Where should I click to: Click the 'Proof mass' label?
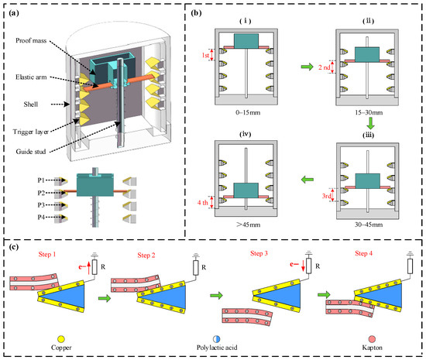click(x=31, y=41)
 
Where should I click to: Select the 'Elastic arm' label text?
click(x=31, y=77)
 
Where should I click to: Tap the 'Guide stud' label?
click(x=31, y=152)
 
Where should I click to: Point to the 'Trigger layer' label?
click(x=31, y=132)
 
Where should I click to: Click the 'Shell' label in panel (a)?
click(x=31, y=105)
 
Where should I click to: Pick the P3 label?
click(x=41, y=205)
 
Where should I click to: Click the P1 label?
click(x=41, y=180)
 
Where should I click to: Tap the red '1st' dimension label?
click(x=206, y=55)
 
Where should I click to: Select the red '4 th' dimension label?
click(x=203, y=203)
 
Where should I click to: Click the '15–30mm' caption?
click(x=369, y=112)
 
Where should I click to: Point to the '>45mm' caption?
click(x=248, y=225)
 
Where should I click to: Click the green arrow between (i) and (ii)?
click(x=307, y=67)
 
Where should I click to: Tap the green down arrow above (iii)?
click(x=370, y=123)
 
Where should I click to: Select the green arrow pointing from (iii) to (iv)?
click(x=307, y=180)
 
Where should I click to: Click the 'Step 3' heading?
click(x=259, y=253)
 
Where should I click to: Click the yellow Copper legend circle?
click(x=61, y=339)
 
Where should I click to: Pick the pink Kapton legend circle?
click(x=372, y=339)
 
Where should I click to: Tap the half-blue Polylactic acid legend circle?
click(x=217, y=339)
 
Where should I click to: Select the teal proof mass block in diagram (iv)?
click(x=246, y=190)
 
